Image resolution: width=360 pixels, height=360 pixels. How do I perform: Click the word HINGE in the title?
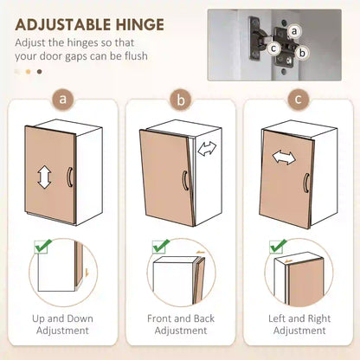coord(140,25)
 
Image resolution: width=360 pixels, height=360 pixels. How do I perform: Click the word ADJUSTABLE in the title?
coord(63,25)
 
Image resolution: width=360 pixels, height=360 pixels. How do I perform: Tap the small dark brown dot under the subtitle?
coord(40,72)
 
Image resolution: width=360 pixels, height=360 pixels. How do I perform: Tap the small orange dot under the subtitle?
coord(28,72)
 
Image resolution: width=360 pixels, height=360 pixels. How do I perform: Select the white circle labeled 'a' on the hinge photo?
coord(294,31)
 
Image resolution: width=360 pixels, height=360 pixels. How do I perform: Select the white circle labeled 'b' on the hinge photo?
coord(302,53)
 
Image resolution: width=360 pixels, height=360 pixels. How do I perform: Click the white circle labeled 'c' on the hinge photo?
coord(273,48)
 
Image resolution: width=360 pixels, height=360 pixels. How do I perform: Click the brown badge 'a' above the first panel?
coord(63,100)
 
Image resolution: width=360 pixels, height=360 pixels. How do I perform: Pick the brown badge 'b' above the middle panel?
coord(181,100)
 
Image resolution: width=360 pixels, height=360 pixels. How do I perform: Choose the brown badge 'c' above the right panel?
coord(299,100)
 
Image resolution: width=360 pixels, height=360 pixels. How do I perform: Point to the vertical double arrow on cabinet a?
coord(44,177)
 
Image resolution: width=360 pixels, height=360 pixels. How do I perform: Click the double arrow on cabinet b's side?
coord(207,149)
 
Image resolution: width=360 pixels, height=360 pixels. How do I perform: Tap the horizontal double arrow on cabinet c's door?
coord(284,157)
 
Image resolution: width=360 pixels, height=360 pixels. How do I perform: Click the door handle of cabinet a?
coord(69,177)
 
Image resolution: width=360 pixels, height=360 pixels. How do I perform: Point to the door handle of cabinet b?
coord(185,181)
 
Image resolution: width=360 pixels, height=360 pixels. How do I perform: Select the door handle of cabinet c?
coord(305,183)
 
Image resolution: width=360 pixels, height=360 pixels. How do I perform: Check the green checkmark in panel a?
coord(42,246)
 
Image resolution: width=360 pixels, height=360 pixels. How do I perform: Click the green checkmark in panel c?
coord(278,246)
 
